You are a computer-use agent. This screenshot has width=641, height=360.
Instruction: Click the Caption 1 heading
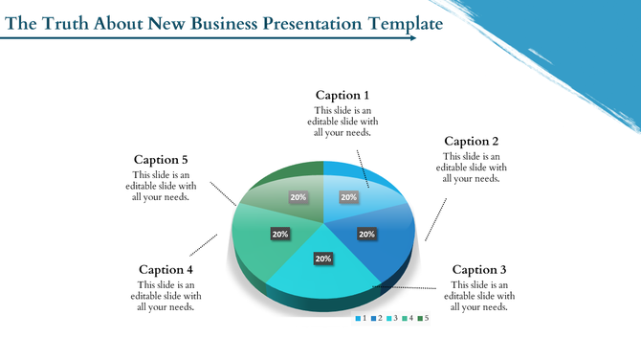(x=343, y=95)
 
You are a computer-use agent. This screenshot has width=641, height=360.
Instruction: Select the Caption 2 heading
(x=472, y=141)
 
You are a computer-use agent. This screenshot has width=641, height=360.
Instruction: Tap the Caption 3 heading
(x=481, y=269)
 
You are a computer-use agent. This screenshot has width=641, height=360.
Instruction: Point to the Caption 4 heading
(x=167, y=269)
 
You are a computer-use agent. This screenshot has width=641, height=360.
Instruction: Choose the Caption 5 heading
(x=161, y=159)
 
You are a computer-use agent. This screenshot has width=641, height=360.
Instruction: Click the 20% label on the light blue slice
(x=349, y=197)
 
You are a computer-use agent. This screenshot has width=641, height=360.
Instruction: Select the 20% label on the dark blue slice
(x=366, y=234)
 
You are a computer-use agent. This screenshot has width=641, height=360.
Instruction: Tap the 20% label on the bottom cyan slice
(x=323, y=259)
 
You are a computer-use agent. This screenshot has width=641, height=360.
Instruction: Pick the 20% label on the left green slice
(x=280, y=234)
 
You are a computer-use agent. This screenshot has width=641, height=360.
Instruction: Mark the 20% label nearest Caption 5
(x=298, y=197)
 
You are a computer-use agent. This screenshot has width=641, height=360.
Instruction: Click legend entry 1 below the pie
(x=362, y=318)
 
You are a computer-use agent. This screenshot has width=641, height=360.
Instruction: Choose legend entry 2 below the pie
(x=378, y=318)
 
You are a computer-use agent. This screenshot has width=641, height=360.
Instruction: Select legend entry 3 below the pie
(x=393, y=318)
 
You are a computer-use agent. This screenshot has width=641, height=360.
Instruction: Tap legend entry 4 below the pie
(x=409, y=318)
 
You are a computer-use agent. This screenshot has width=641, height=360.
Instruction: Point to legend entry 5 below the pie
(x=424, y=318)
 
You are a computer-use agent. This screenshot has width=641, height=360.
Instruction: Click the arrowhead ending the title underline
(x=412, y=39)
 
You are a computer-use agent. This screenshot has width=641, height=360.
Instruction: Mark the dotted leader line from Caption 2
(x=436, y=218)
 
